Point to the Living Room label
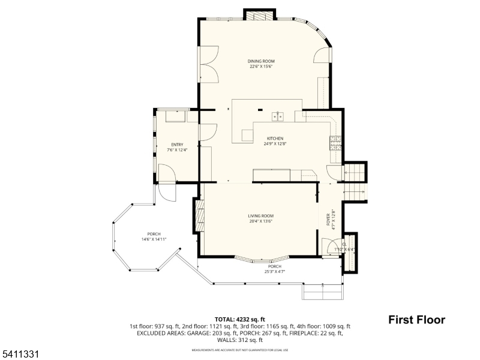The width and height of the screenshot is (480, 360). [261, 215]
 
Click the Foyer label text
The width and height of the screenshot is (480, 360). [328, 219]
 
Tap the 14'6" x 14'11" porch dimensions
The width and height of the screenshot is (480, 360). [154, 239]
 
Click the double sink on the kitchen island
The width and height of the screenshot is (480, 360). [278, 116]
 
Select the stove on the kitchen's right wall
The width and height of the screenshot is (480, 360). [335, 143]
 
